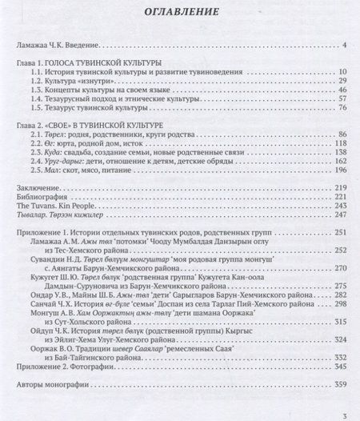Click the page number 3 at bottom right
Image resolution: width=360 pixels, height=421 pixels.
tap(342, 414)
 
